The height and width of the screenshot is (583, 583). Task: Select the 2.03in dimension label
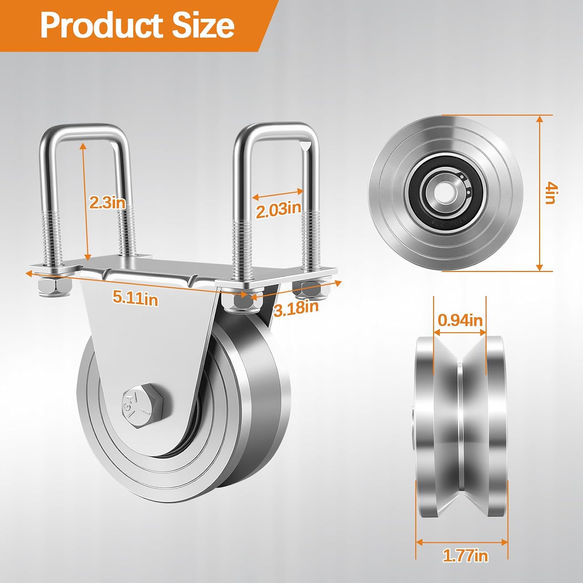pos(278,210)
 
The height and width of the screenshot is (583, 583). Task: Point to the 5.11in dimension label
pos(135,298)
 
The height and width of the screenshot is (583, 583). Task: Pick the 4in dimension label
pos(551,193)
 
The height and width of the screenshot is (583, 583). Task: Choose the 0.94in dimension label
pos(460,320)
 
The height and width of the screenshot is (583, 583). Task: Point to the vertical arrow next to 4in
pos(539,193)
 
